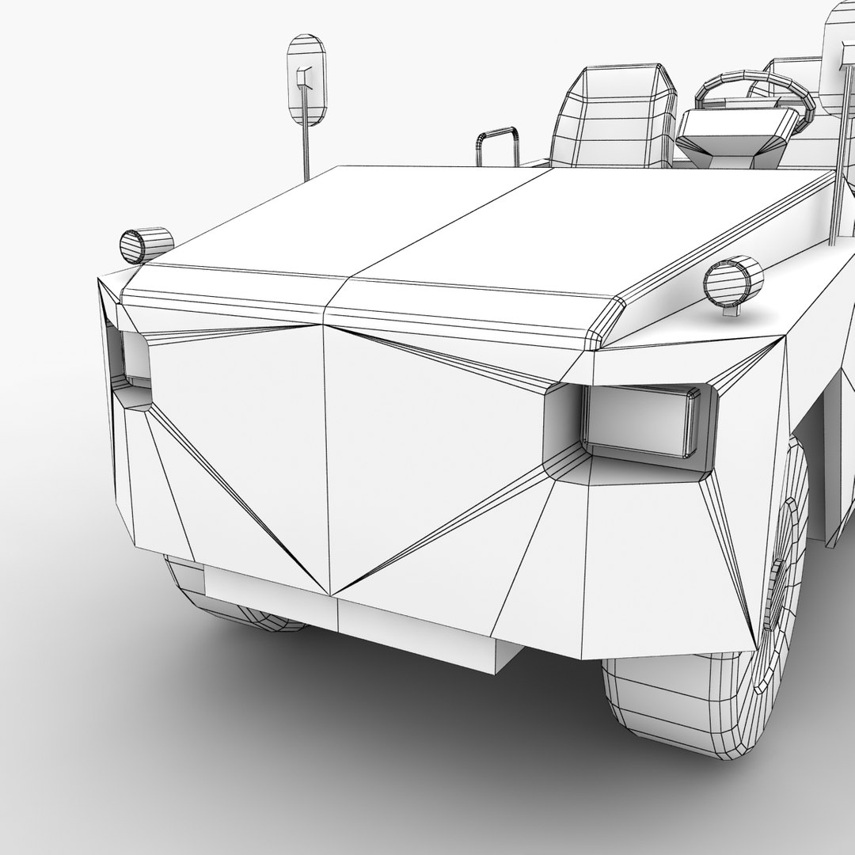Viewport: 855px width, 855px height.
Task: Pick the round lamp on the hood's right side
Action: coord(732,281)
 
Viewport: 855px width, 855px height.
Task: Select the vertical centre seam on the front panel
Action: coord(326,459)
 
